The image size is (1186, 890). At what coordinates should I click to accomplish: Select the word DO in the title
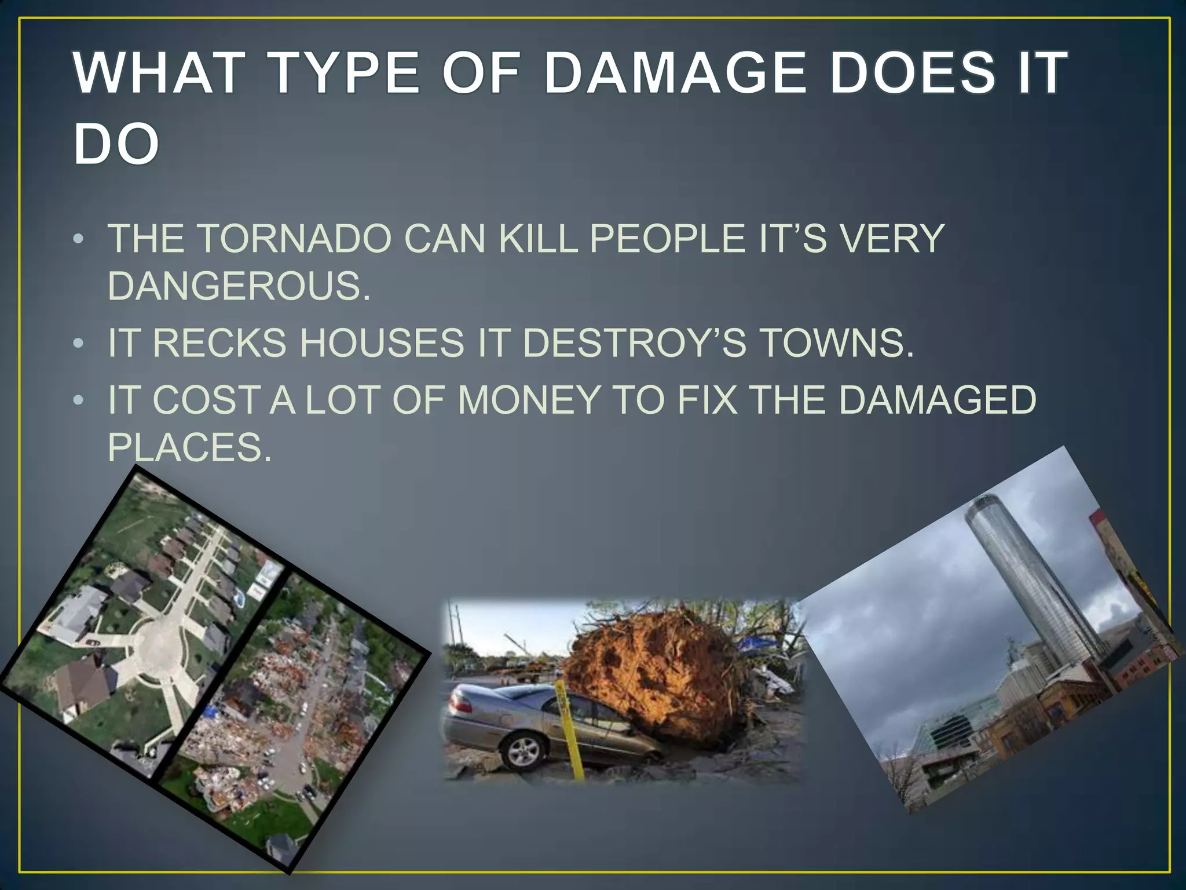pyautogui.click(x=116, y=144)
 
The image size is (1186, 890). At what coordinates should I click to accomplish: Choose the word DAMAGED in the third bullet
pyautogui.click(x=937, y=400)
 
